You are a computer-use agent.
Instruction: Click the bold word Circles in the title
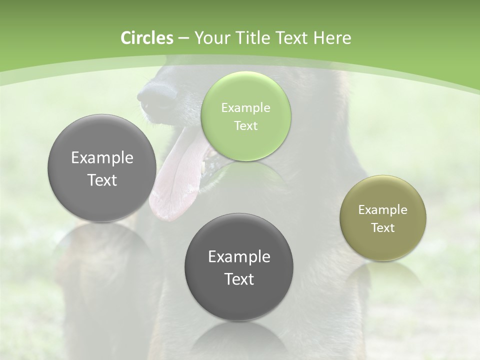click(x=146, y=38)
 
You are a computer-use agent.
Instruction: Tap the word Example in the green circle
click(x=245, y=108)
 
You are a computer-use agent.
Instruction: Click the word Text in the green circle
click(x=245, y=126)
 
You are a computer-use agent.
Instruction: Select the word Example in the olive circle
click(x=382, y=210)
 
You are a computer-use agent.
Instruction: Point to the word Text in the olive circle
click(x=383, y=228)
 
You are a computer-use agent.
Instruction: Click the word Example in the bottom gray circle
click(x=239, y=257)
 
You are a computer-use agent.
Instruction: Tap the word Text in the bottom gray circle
click(x=239, y=279)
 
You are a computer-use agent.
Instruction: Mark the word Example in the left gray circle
click(x=102, y=158)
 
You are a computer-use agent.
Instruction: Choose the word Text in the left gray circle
click(x=102, y=180)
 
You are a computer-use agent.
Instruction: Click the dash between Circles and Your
click(x=183, y=38)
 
